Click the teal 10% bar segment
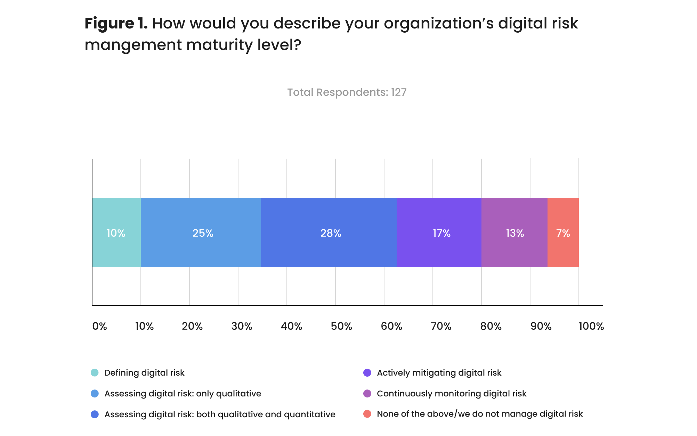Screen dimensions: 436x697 (x=116, y=233)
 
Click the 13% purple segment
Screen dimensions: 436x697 (x=514, y=233)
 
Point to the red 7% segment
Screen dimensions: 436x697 (x=563, y=233)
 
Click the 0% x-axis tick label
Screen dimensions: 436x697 (x=99, y=326)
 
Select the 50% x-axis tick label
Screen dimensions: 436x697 (x=341, y=326)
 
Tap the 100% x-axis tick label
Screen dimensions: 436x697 (x=591, y=326)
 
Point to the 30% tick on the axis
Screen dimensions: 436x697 (x=242, y=326)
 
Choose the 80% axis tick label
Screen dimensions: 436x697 (x=491, y=326)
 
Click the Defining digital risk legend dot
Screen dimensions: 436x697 (x=95, y=372)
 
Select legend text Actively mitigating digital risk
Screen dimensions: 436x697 (x=439, y=373)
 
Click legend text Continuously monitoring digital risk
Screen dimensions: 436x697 (x=452, y=394)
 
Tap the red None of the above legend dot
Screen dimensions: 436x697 (x=367, y=414)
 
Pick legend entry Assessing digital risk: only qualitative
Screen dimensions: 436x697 (x=183, y=394)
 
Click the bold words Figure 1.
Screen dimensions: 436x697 (x=116, y=24)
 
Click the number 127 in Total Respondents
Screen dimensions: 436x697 (x=399, y=92)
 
